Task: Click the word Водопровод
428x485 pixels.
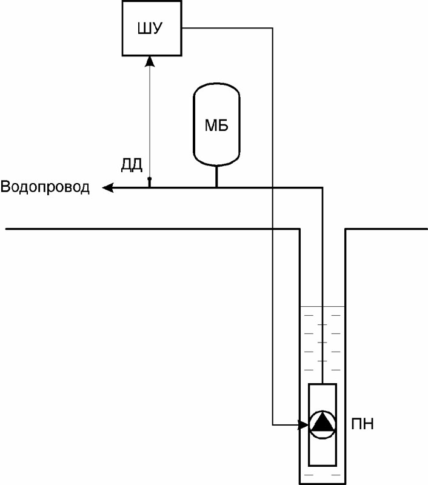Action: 45,187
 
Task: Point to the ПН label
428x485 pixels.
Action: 363,423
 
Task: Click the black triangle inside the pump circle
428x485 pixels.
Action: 323,423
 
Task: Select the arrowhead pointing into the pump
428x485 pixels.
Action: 304,424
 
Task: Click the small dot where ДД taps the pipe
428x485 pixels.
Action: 150,179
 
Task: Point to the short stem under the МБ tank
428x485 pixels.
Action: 216,176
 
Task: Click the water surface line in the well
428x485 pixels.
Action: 323,306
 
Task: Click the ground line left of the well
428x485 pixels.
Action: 152,229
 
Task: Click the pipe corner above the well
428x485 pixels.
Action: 322,188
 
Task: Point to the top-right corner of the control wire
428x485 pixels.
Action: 272,28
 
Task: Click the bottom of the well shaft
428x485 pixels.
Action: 323,483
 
